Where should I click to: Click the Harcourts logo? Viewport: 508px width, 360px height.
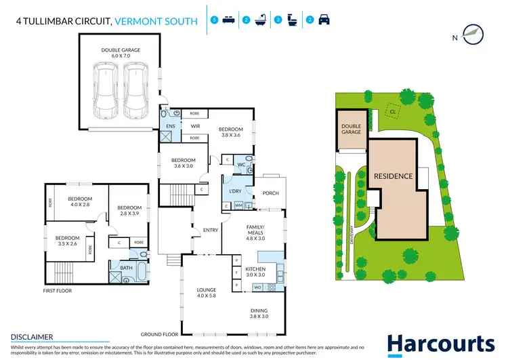tap(440, 344)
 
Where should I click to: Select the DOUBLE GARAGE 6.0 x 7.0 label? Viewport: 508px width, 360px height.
tap(119, 54)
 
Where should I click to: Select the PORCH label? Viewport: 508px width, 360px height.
tap(270, 194)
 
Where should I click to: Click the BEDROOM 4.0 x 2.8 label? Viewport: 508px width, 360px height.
tap(79, 202)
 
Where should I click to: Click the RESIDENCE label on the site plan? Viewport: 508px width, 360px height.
tap(393, 176)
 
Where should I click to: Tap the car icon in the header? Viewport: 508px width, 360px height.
tap(324, 20)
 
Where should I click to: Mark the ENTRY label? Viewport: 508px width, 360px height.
tap(211, 231)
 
